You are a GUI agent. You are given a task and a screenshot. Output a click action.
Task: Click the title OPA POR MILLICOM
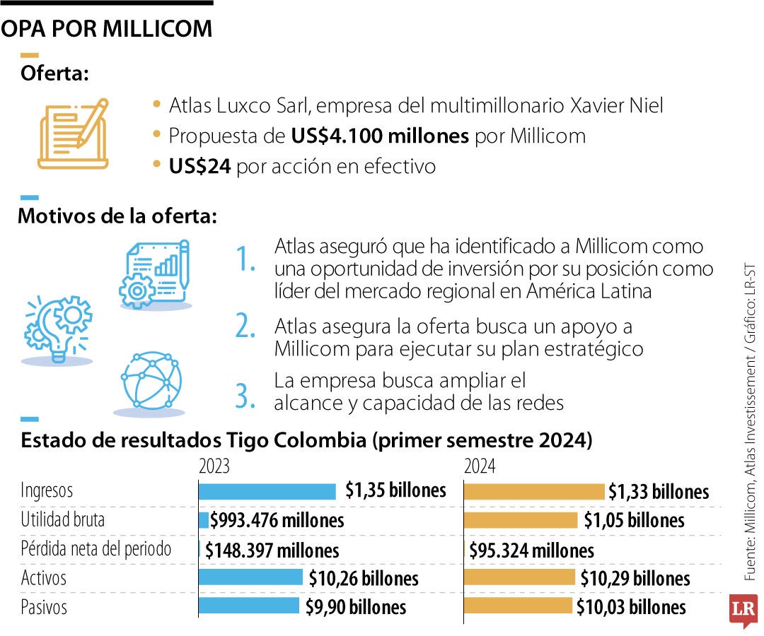pos(106,28)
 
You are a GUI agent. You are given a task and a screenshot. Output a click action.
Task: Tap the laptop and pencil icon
pos(74,134)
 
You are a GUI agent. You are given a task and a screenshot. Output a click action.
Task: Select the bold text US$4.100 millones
pos(380,136)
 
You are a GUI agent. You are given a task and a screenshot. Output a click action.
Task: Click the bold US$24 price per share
pos(199,167)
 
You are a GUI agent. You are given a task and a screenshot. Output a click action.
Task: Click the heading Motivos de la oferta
pos(117,216)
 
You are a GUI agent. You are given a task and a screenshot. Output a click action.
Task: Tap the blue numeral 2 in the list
pos(245,326)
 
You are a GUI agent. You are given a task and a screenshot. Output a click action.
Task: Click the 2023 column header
pos(214,466)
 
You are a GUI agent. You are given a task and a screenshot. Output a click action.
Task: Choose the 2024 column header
pos(480,466)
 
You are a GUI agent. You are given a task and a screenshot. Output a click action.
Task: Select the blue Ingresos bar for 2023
pos(267,491)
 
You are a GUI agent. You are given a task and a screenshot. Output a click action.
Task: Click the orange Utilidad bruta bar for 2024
pos(521,521)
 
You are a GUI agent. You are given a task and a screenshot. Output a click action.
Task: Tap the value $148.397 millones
pos(272,550)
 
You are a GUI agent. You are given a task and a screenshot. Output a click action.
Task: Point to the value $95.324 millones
pos(531,550)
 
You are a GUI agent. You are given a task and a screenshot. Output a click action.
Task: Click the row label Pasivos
pos(44,607)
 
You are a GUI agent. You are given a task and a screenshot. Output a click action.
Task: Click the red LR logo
pos(743,609)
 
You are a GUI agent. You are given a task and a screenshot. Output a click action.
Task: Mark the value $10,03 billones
pos(631,607)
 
